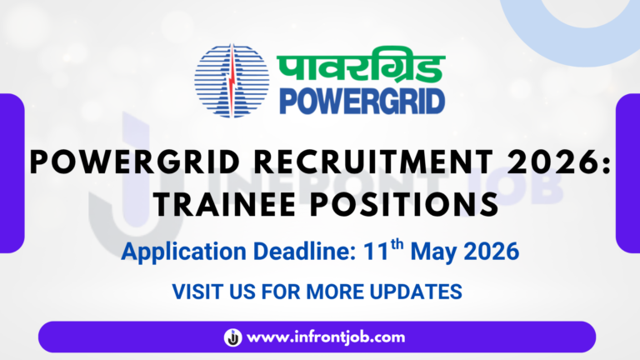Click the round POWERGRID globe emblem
(232, 80)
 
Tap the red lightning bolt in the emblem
(232, 80)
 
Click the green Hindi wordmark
(361, 64)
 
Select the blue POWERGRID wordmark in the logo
(362, 101)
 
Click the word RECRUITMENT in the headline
(373, 162)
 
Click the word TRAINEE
(224, 204)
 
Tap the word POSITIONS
(404, 204)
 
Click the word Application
(183, 252)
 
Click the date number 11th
(383, 250)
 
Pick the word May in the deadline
(434, 252)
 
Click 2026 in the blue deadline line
(492, 251)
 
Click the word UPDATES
(416, 292)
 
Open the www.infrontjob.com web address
(326, 337)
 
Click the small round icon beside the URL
(233, 337)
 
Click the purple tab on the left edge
(12, 173)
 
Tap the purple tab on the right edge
(627, 173)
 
